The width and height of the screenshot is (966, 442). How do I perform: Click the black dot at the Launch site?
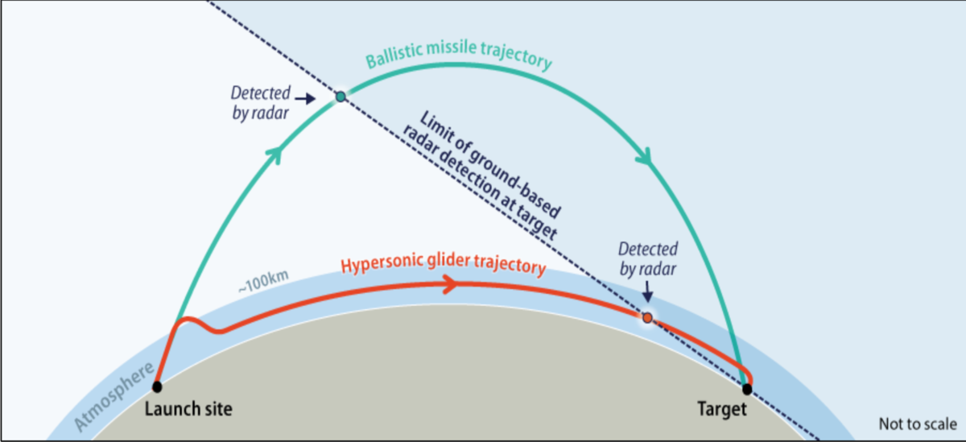[157, 386]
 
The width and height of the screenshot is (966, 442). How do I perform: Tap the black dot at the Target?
[747, 389]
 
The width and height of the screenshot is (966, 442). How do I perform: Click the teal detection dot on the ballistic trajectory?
[341, 97]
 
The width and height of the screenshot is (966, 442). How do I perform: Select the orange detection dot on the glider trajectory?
[647, 318]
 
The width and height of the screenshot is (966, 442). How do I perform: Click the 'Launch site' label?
[188, 409]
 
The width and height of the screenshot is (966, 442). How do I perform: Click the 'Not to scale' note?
[917, 423]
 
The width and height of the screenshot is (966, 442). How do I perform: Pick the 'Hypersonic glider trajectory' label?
[444, 265]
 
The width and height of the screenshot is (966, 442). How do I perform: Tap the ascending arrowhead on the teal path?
[275, 153]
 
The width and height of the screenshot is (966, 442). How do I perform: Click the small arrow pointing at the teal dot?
[307, 99]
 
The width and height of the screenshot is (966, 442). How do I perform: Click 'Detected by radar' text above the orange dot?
[648, 258]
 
